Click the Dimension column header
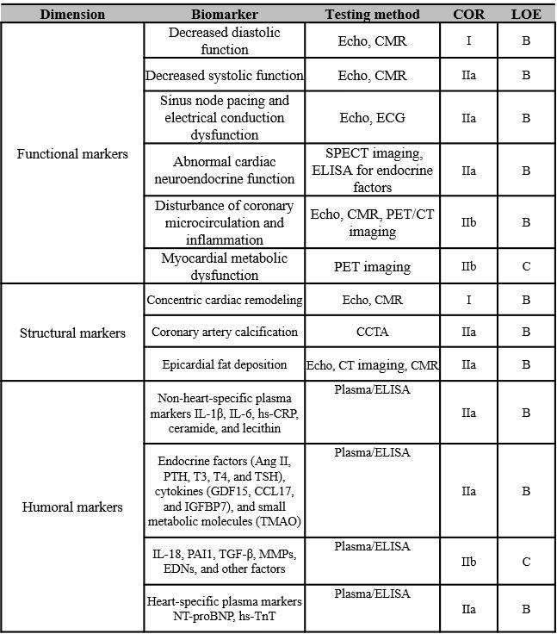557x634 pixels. (72, 14)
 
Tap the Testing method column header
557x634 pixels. (373, 14)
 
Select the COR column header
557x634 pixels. (469, 14)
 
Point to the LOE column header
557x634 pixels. (526, 14)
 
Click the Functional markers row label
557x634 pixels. (72, 154)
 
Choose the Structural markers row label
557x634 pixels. (72, 333)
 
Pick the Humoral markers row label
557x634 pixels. (72, 507)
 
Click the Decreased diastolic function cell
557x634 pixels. (225, 41)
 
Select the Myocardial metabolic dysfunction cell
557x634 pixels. (225, 267)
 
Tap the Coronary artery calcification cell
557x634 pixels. (225, 332)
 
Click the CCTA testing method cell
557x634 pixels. (373, 332)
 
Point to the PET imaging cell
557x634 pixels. (373, 267)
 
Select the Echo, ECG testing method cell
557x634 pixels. (373, 118)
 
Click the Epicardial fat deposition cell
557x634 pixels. (225, 365)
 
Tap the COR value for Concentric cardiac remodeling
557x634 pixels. (469, 300)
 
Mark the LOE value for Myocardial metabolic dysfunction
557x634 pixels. (526, 267)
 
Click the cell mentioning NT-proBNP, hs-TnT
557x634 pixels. (225, 608)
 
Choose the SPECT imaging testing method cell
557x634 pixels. (373, 171)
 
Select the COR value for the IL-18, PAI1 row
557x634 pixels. (469, 562)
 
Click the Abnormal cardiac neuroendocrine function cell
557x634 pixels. (225, 171)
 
